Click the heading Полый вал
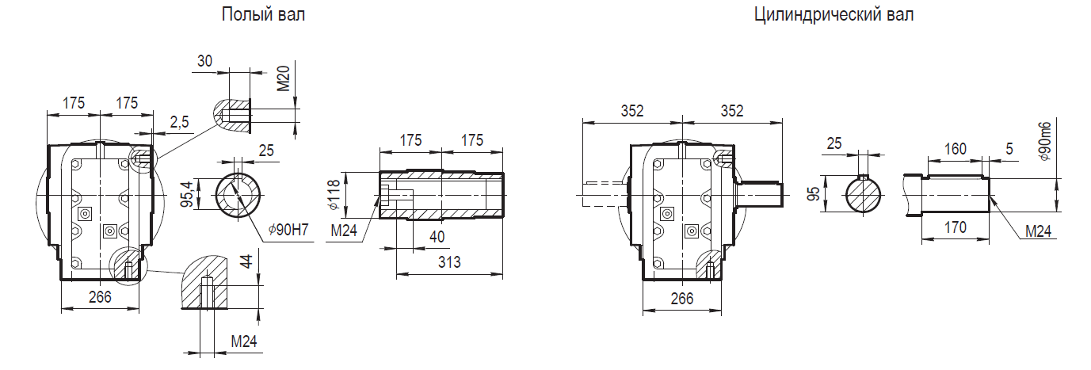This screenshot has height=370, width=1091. point(263,14)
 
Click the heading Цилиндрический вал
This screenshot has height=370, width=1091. point(834,14)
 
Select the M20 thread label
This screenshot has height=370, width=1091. point(283,78)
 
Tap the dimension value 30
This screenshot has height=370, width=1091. point(204,61)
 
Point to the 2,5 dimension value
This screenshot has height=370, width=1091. point(179,122)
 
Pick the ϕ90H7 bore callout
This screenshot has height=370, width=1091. point(288,229)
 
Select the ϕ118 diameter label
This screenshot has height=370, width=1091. point(334,195)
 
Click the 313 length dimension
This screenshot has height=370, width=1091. point(449,262)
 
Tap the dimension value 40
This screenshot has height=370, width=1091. point(437,237)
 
